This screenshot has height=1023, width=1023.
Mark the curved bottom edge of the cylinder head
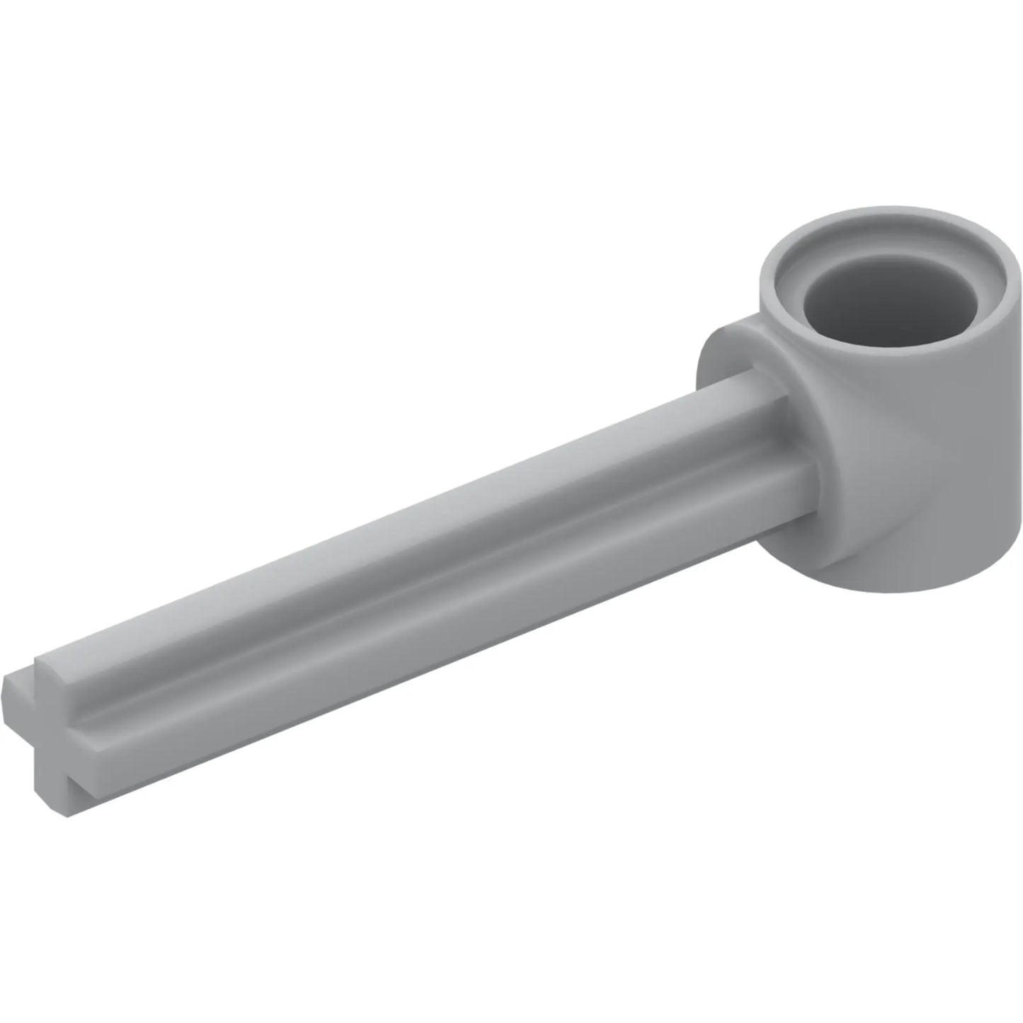(x=920, y=584)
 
